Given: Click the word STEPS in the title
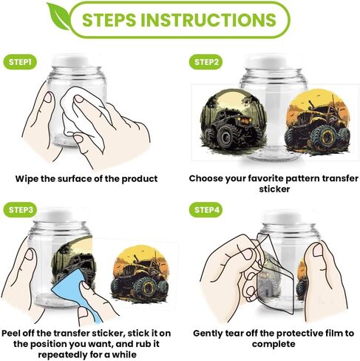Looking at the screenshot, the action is (109, 19).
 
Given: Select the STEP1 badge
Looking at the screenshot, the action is (20, 61).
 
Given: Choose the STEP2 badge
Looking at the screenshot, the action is (206, 61).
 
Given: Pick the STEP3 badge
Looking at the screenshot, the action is (20, 209).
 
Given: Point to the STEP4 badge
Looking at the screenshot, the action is (206, 209).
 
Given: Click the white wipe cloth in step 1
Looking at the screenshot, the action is (84, 116).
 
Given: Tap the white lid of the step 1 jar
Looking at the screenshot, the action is (75, 61).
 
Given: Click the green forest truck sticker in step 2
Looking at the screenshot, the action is (234, 119).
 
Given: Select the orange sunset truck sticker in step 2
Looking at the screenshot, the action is (318, 122).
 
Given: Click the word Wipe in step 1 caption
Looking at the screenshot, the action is (27, 178).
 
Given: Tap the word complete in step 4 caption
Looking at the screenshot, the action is (274, 344).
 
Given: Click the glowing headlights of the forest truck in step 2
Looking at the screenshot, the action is (245, 121).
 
